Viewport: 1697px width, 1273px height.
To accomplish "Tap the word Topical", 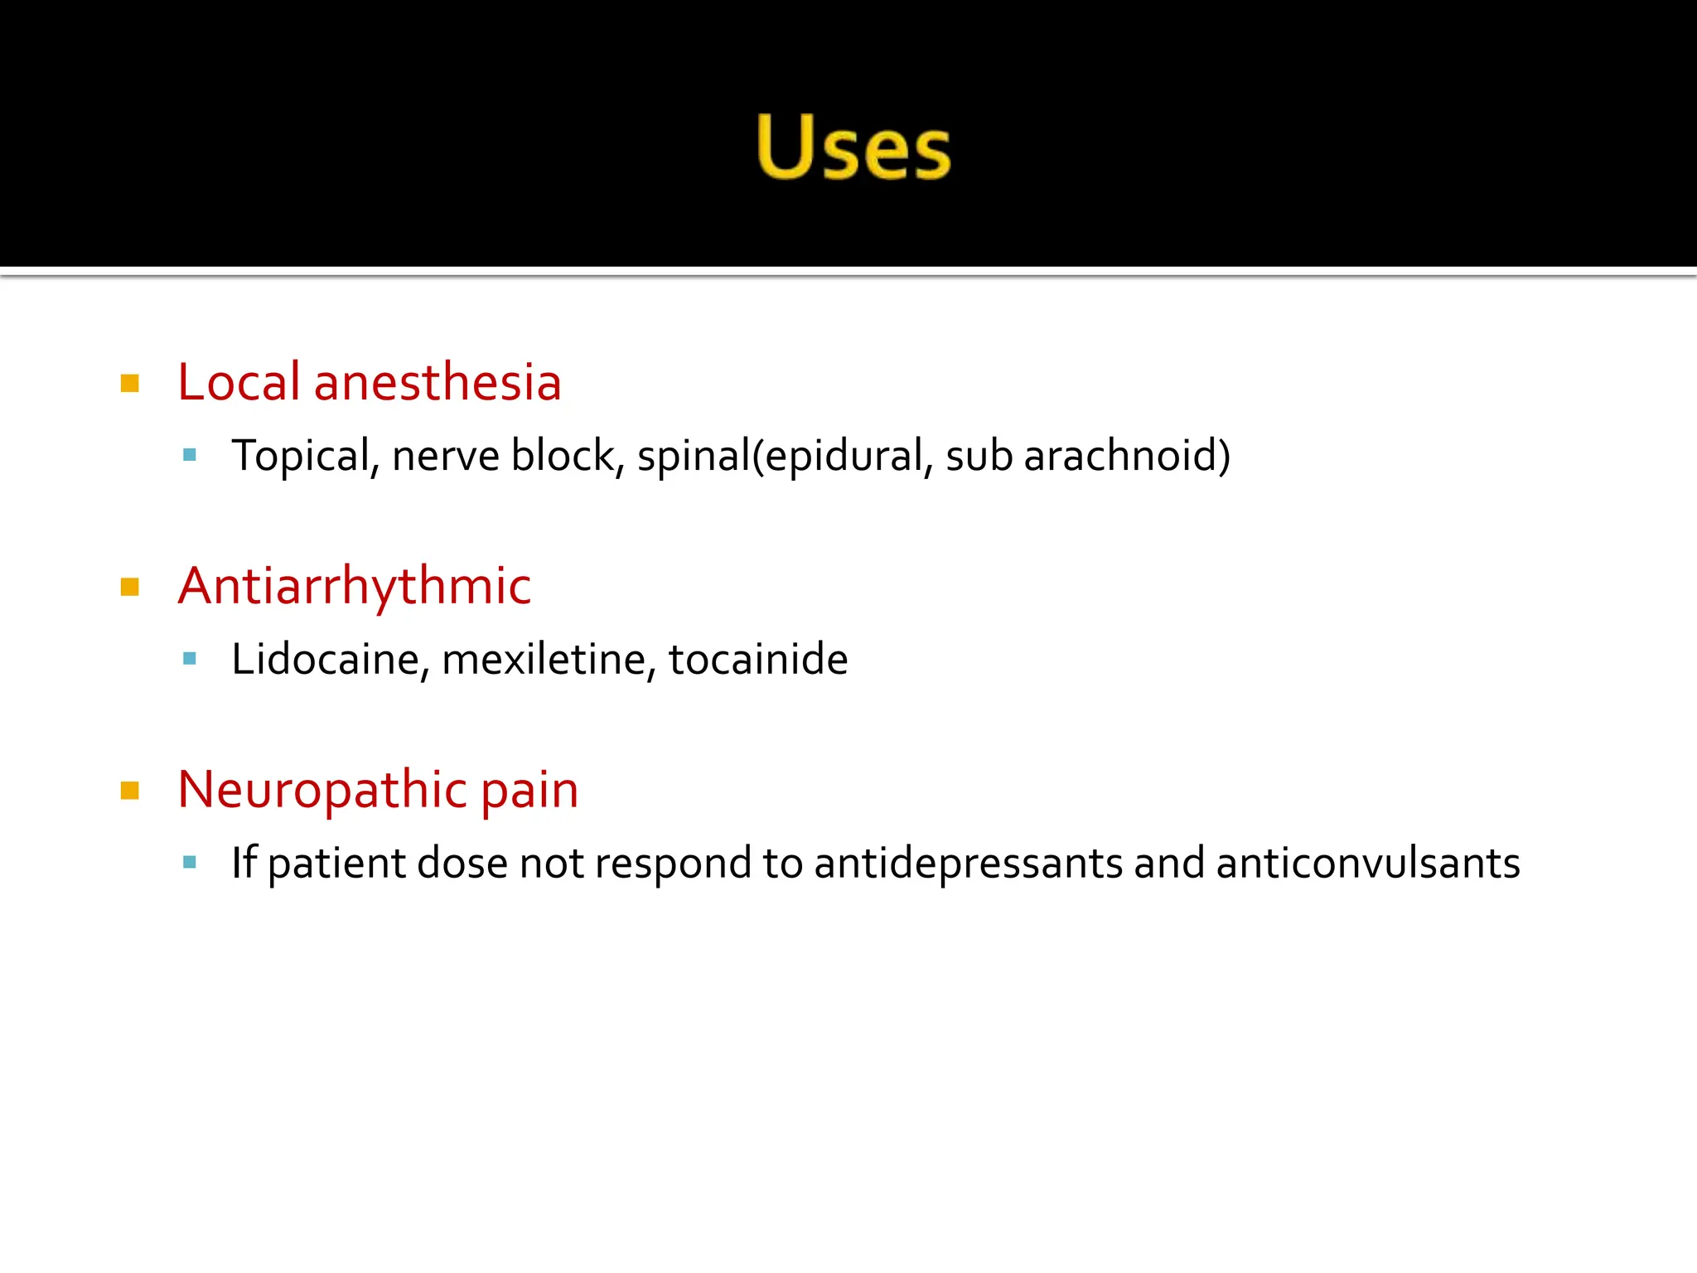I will click(x=302, y=456).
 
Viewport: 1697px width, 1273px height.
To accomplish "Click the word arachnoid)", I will click(x=1127, y=456).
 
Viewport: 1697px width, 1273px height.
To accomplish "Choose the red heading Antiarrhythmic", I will click(x=355, y=586).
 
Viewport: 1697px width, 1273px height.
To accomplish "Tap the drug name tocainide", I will click(x=758, y=660).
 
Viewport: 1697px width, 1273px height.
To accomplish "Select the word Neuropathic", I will click(x=322, y=789).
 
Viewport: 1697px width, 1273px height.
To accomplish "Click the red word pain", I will click(x=529, y=791).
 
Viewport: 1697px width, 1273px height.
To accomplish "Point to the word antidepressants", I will click(x=968, y=864).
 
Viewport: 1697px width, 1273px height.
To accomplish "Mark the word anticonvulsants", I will click(x=1368, y=864).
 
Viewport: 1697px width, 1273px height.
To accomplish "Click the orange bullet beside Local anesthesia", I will click(x=130, y=383).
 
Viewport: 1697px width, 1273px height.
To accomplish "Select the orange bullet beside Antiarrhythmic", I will click(x=130, y=588).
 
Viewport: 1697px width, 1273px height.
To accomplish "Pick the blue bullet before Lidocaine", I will click(x=190, y=659).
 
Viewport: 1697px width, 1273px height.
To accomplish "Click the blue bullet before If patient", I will click(x=190, y=862).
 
